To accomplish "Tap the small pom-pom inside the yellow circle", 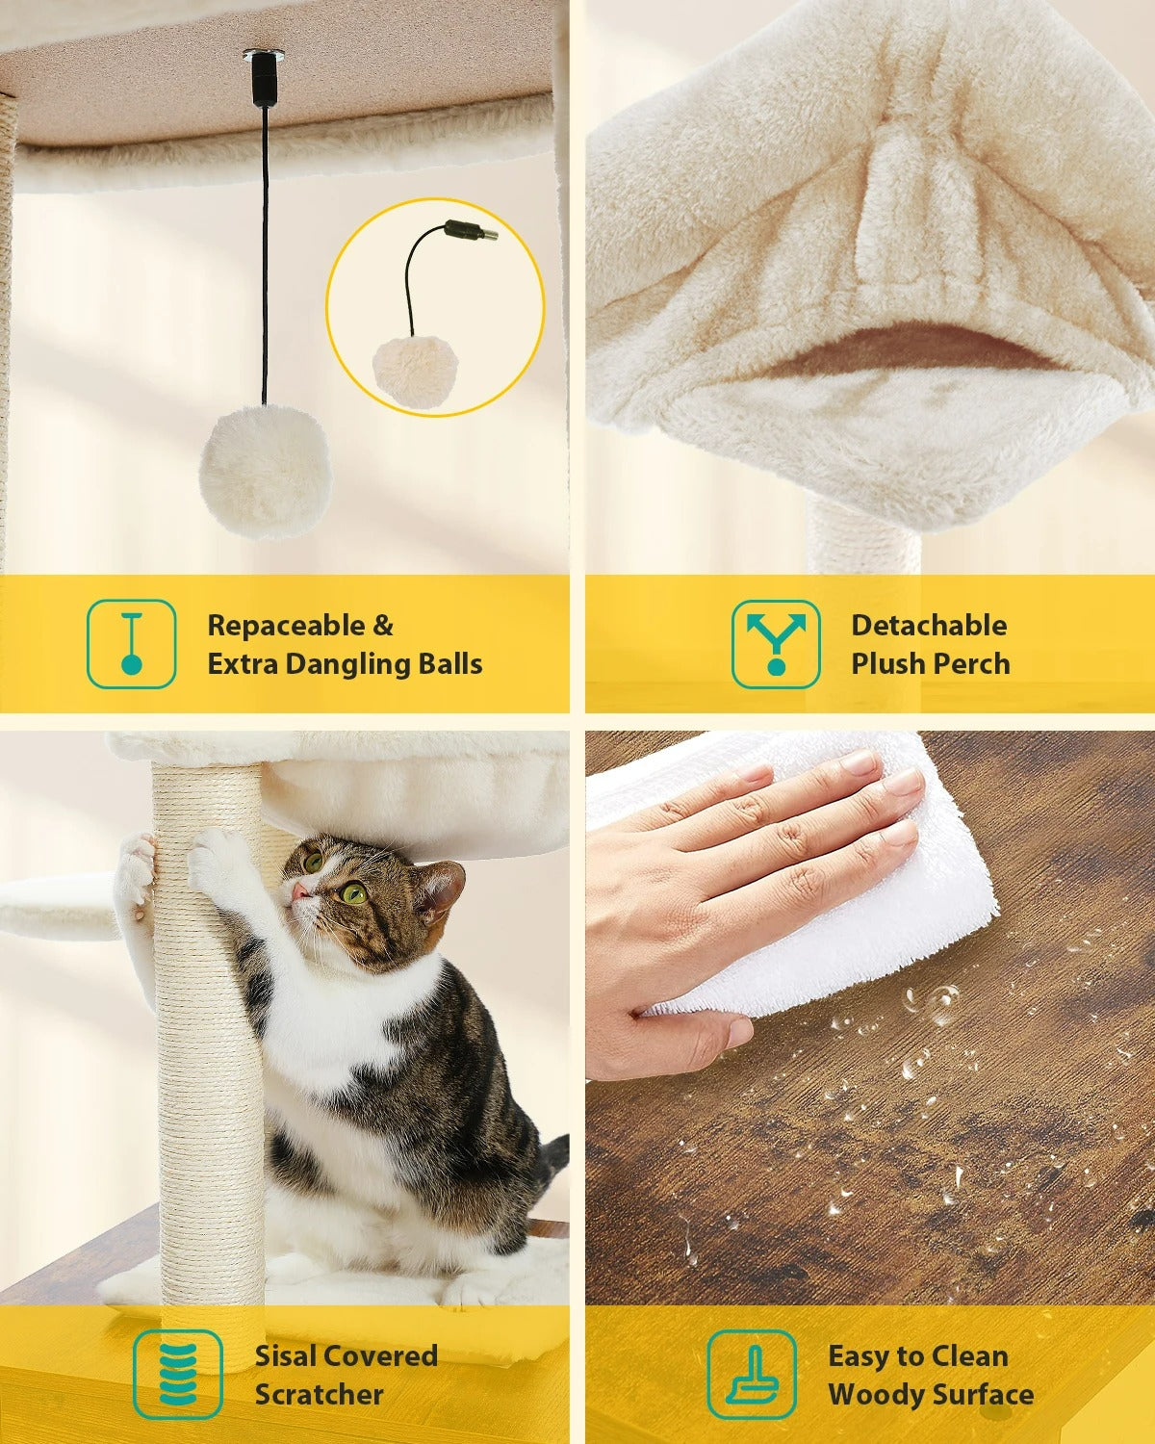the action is coord(416,371).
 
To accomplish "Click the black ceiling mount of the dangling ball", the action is coord(263,79).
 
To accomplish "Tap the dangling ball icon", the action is coord(132,643).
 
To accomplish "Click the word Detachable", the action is coord(930,625).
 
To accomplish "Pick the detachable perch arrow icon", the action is coord(776,643).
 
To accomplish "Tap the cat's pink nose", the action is coord(300,890).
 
